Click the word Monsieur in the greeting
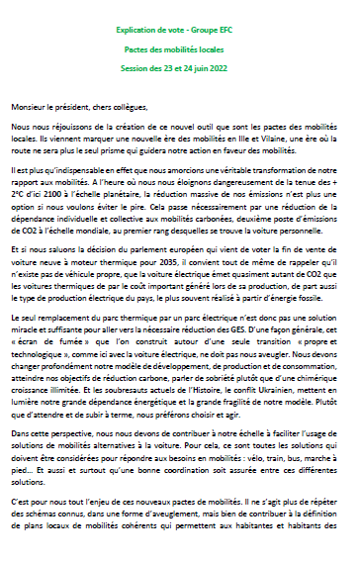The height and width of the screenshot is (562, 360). (x=32, y=105)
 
